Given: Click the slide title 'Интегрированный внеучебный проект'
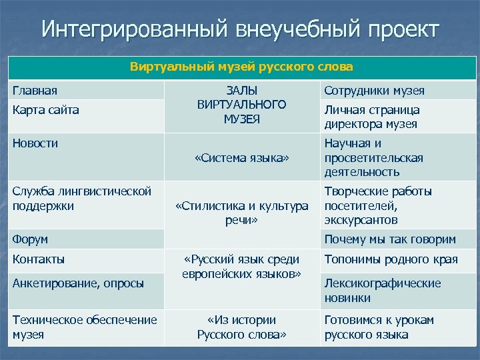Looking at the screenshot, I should [240, 30].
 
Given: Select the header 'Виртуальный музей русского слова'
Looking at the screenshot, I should [242, 68].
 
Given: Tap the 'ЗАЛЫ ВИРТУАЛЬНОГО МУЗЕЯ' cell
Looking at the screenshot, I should [242, 105].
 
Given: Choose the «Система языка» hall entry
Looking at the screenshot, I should [242, 158].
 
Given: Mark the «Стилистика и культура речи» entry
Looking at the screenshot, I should [242, 212].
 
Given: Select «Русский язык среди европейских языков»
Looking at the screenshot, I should [242, 266].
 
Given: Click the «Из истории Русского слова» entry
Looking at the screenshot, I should [242, 327].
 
